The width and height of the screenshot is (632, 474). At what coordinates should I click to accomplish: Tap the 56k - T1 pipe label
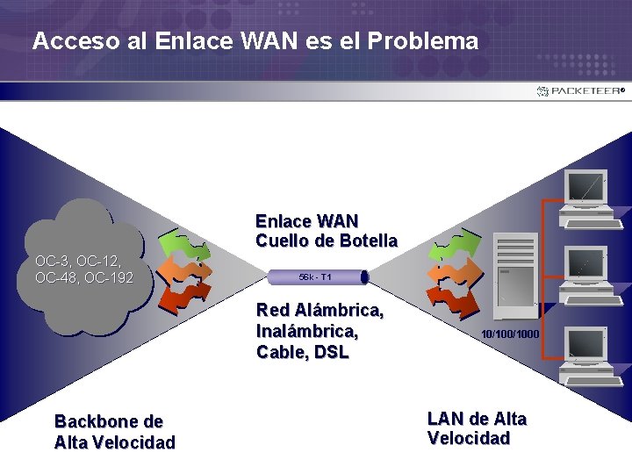[314, 277]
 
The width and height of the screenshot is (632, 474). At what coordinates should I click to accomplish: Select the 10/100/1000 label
[509, 334]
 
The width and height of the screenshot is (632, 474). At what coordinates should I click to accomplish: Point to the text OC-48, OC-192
[84, 278]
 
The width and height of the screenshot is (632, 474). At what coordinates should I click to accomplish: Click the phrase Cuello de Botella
[327, 241]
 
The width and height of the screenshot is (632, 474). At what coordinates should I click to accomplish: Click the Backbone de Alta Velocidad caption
[114, 432]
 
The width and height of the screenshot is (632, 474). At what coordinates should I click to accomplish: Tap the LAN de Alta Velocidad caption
[477, 428]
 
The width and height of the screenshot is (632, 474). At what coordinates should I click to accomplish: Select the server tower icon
[515, 272]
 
